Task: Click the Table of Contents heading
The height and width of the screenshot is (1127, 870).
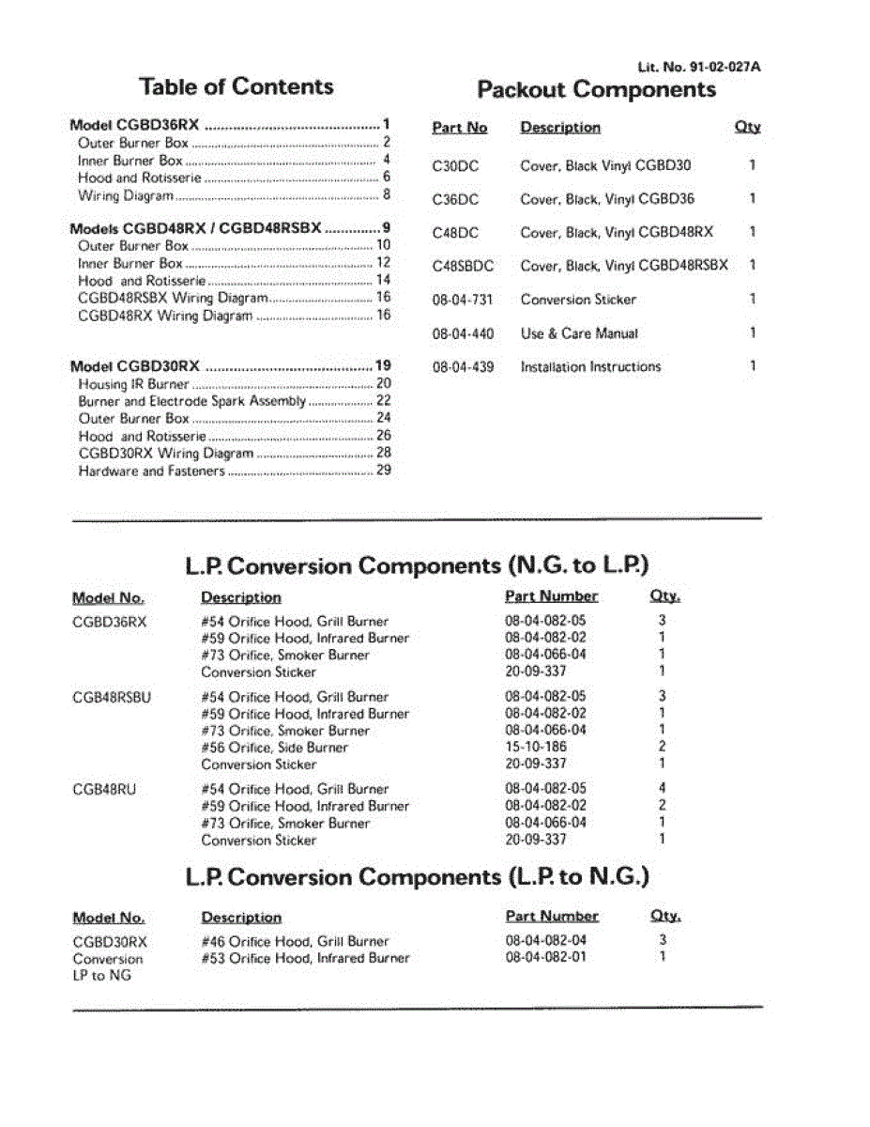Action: (237, 87)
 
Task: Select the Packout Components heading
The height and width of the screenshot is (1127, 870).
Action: (597, 90)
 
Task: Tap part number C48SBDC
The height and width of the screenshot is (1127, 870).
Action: (463, 266)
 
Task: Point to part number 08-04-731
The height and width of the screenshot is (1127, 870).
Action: (463, 300)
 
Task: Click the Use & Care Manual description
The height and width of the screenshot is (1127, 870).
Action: (579, 333)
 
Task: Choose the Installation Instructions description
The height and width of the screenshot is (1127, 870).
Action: (590, 367)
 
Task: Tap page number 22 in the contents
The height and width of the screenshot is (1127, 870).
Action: (383, 401)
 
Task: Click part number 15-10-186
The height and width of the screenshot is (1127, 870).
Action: (536, 748)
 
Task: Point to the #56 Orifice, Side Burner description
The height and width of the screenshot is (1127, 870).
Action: (274, 749)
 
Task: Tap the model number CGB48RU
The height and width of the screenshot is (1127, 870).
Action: (103, 789)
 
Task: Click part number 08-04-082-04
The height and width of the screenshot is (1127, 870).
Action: (545, 940)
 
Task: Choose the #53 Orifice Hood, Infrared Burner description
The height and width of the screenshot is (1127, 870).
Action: (305, 958)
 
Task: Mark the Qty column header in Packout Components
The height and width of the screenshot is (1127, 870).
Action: (748, 128)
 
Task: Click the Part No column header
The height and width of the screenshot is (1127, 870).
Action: (460, 128)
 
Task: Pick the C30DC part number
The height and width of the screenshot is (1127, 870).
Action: (455, 166)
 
